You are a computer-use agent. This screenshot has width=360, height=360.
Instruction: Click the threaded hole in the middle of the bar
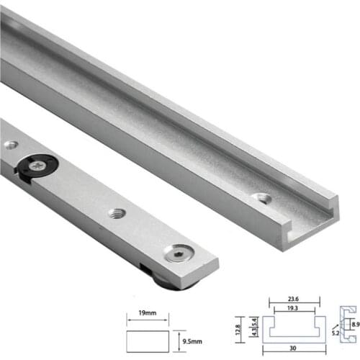pyautogui.click(x=115, y=213)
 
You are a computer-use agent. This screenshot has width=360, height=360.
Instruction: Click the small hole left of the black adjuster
pyautogui.click(x=9, y=145)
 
